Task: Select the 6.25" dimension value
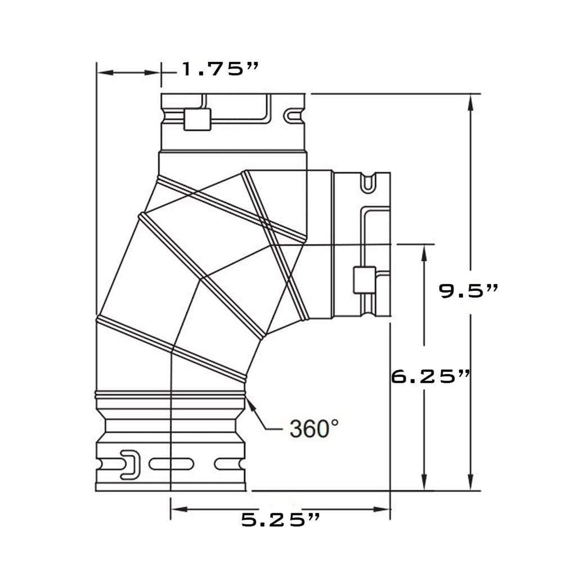pos(430,376)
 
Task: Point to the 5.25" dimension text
pos(281,520)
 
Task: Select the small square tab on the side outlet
pos(364,280)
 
